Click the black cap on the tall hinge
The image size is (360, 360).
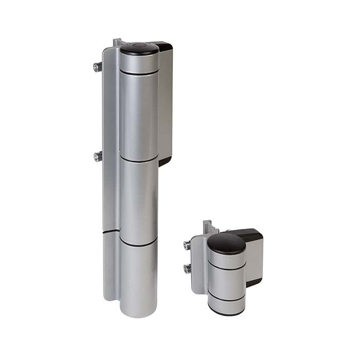click(x=139, y=49)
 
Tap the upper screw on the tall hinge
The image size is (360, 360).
click(x=97, y=66)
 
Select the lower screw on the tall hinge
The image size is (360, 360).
click(x=98, y=156)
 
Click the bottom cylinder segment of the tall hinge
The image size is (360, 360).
click(x=138, y=278)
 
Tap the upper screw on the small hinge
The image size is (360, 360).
click(x=187, y=245)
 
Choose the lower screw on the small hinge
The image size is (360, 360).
click(x=188, y=268)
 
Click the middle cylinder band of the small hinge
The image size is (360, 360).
click(x=227, y=281)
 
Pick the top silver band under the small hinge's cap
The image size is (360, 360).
click(x=227, y=260)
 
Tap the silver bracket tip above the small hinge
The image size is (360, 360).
click(x=207, y=225)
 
